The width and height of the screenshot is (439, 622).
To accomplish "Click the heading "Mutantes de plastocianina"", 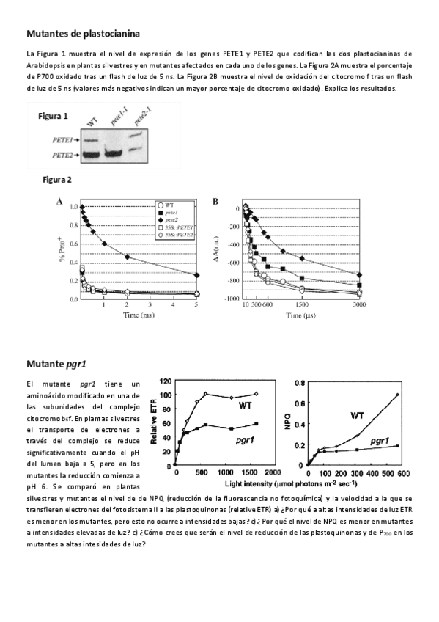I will (x=83, y=33).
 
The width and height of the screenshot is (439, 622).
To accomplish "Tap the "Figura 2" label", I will (x=57, y=179).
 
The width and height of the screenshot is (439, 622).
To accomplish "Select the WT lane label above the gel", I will (x=92, y=120).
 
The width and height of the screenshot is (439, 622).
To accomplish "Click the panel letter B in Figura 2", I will (x=215, y=200).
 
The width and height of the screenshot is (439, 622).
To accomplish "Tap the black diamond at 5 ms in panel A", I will (x=196, y=275).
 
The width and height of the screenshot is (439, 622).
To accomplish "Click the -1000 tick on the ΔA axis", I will (x=231, y=299).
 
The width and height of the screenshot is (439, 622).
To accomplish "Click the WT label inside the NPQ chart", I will (x=358, y=415).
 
